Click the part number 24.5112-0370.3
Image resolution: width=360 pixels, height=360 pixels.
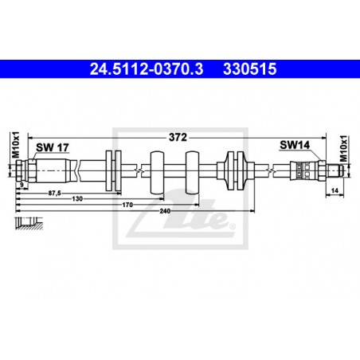click(x=147, y=69)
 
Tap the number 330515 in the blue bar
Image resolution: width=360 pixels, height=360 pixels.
click(x=250, y=69)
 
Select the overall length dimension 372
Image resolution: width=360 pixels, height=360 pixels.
click(x=178, y=137)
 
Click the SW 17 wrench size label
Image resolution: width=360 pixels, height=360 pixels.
click(x=53, y=147)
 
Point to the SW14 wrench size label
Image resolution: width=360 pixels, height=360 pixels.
click(x=295, y=145)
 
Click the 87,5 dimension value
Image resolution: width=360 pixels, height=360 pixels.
click(x=54, y=194)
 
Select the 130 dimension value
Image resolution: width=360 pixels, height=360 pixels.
click(x=77, y=199)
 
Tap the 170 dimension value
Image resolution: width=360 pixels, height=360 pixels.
click(x=127, y=205)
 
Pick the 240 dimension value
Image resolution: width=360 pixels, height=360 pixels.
click(x=165, y=211)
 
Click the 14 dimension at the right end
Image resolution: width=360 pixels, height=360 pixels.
click(x=335, y=190)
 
